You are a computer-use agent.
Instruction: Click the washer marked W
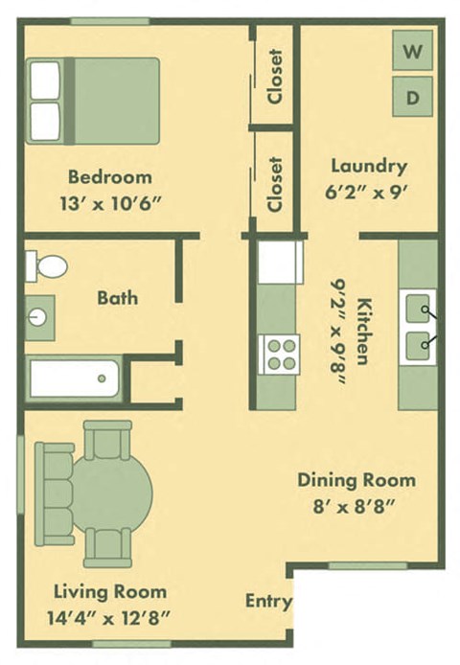[x=413, y=51]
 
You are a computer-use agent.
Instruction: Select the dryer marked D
[x=413, y=96]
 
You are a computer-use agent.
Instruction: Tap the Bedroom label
[x=110, y=177]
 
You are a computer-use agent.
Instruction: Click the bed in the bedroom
[x=93, y=101]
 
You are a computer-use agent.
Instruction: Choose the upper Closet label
[x=276, y=78]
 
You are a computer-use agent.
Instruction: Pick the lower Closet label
[x=276, y=184]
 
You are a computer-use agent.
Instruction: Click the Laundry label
[x=369, y=165]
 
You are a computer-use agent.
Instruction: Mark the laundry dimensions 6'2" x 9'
[x=369, y=190]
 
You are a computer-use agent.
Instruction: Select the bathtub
[x=74, y=378]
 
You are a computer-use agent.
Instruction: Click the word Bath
[x=117, y=298]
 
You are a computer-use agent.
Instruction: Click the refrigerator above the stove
[x=281, y=262]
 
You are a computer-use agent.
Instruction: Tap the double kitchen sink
[x=417, y=326]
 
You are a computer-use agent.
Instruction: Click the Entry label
[x=267, y=602]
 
